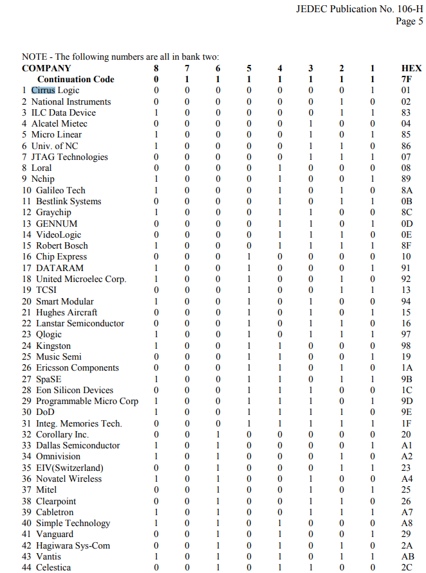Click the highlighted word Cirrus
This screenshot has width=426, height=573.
pos(43,91)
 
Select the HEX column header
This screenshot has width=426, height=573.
pos(411,68)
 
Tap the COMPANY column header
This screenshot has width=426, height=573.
pos(46,68)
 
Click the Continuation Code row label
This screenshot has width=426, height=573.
pos(75,79)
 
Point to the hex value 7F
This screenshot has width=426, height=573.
pos(406,79)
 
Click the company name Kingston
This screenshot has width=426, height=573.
pos(53,346)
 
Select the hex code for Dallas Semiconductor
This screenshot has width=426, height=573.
pos(406,445)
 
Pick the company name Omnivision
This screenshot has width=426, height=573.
pos(59,457)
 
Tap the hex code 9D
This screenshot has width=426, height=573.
pos(406,401)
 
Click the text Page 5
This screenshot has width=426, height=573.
pos(409,21)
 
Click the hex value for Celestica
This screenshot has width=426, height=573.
pos(406,568)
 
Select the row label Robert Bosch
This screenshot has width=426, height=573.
pos(62,245)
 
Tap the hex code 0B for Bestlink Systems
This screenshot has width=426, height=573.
pos(406,201)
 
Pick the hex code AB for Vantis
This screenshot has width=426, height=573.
pos(406,556)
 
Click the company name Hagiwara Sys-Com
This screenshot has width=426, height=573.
pos(73,545)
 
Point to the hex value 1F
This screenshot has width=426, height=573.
pos(406,423)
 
